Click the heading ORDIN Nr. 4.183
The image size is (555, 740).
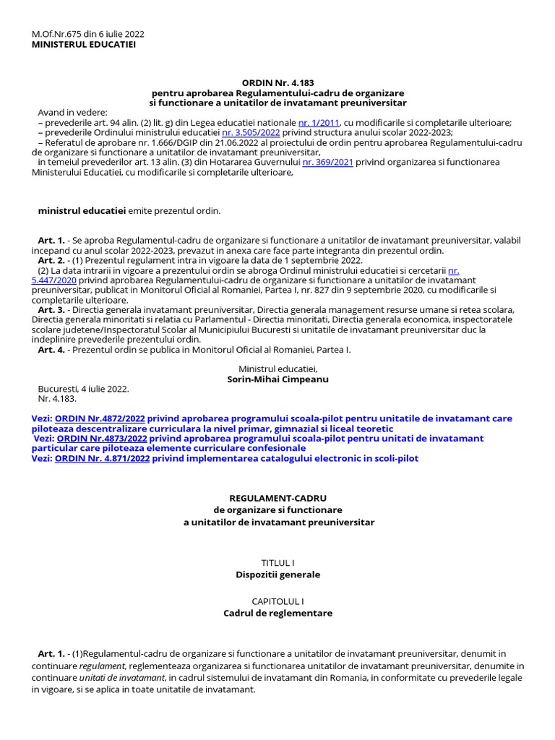(277, 83)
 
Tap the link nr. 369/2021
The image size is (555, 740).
(327, 163)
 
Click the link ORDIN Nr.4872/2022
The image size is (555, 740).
(100, 418)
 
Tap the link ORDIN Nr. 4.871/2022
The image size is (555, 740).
(103, 459)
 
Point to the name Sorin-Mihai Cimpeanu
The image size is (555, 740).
(277, 379)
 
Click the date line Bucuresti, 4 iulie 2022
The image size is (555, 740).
(83, 389)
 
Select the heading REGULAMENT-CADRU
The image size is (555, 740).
(277, 499)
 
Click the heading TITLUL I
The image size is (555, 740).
(277, 562)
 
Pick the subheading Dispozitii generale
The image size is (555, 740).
(277, 575)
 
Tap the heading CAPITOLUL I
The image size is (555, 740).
(277, 601)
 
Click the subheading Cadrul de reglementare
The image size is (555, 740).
(277, 614)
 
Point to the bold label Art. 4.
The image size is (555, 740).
(51, 350)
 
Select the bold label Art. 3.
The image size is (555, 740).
(51, 309)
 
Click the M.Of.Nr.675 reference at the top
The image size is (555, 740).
(87, 34)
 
